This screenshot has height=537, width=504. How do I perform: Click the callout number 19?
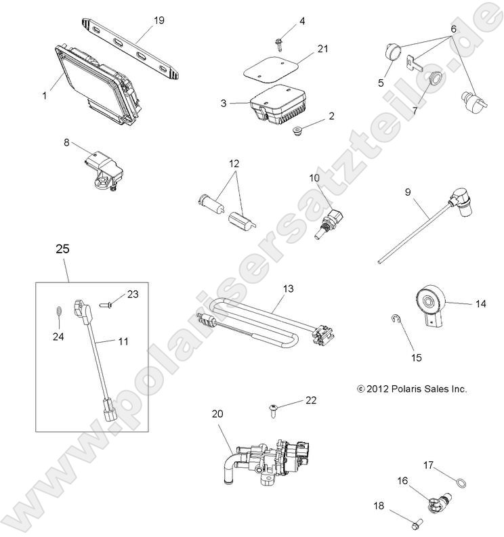click(x=159, y=20)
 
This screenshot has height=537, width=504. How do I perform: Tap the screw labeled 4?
click(x=278, y=43)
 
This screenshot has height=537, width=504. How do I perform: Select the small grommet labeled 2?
click(x=296, y=129)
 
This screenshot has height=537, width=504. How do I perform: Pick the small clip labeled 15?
click(x=396, y=318)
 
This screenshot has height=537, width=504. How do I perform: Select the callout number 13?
click(x=288, y=288)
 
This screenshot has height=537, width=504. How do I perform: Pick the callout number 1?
click(x=45, y=95)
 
